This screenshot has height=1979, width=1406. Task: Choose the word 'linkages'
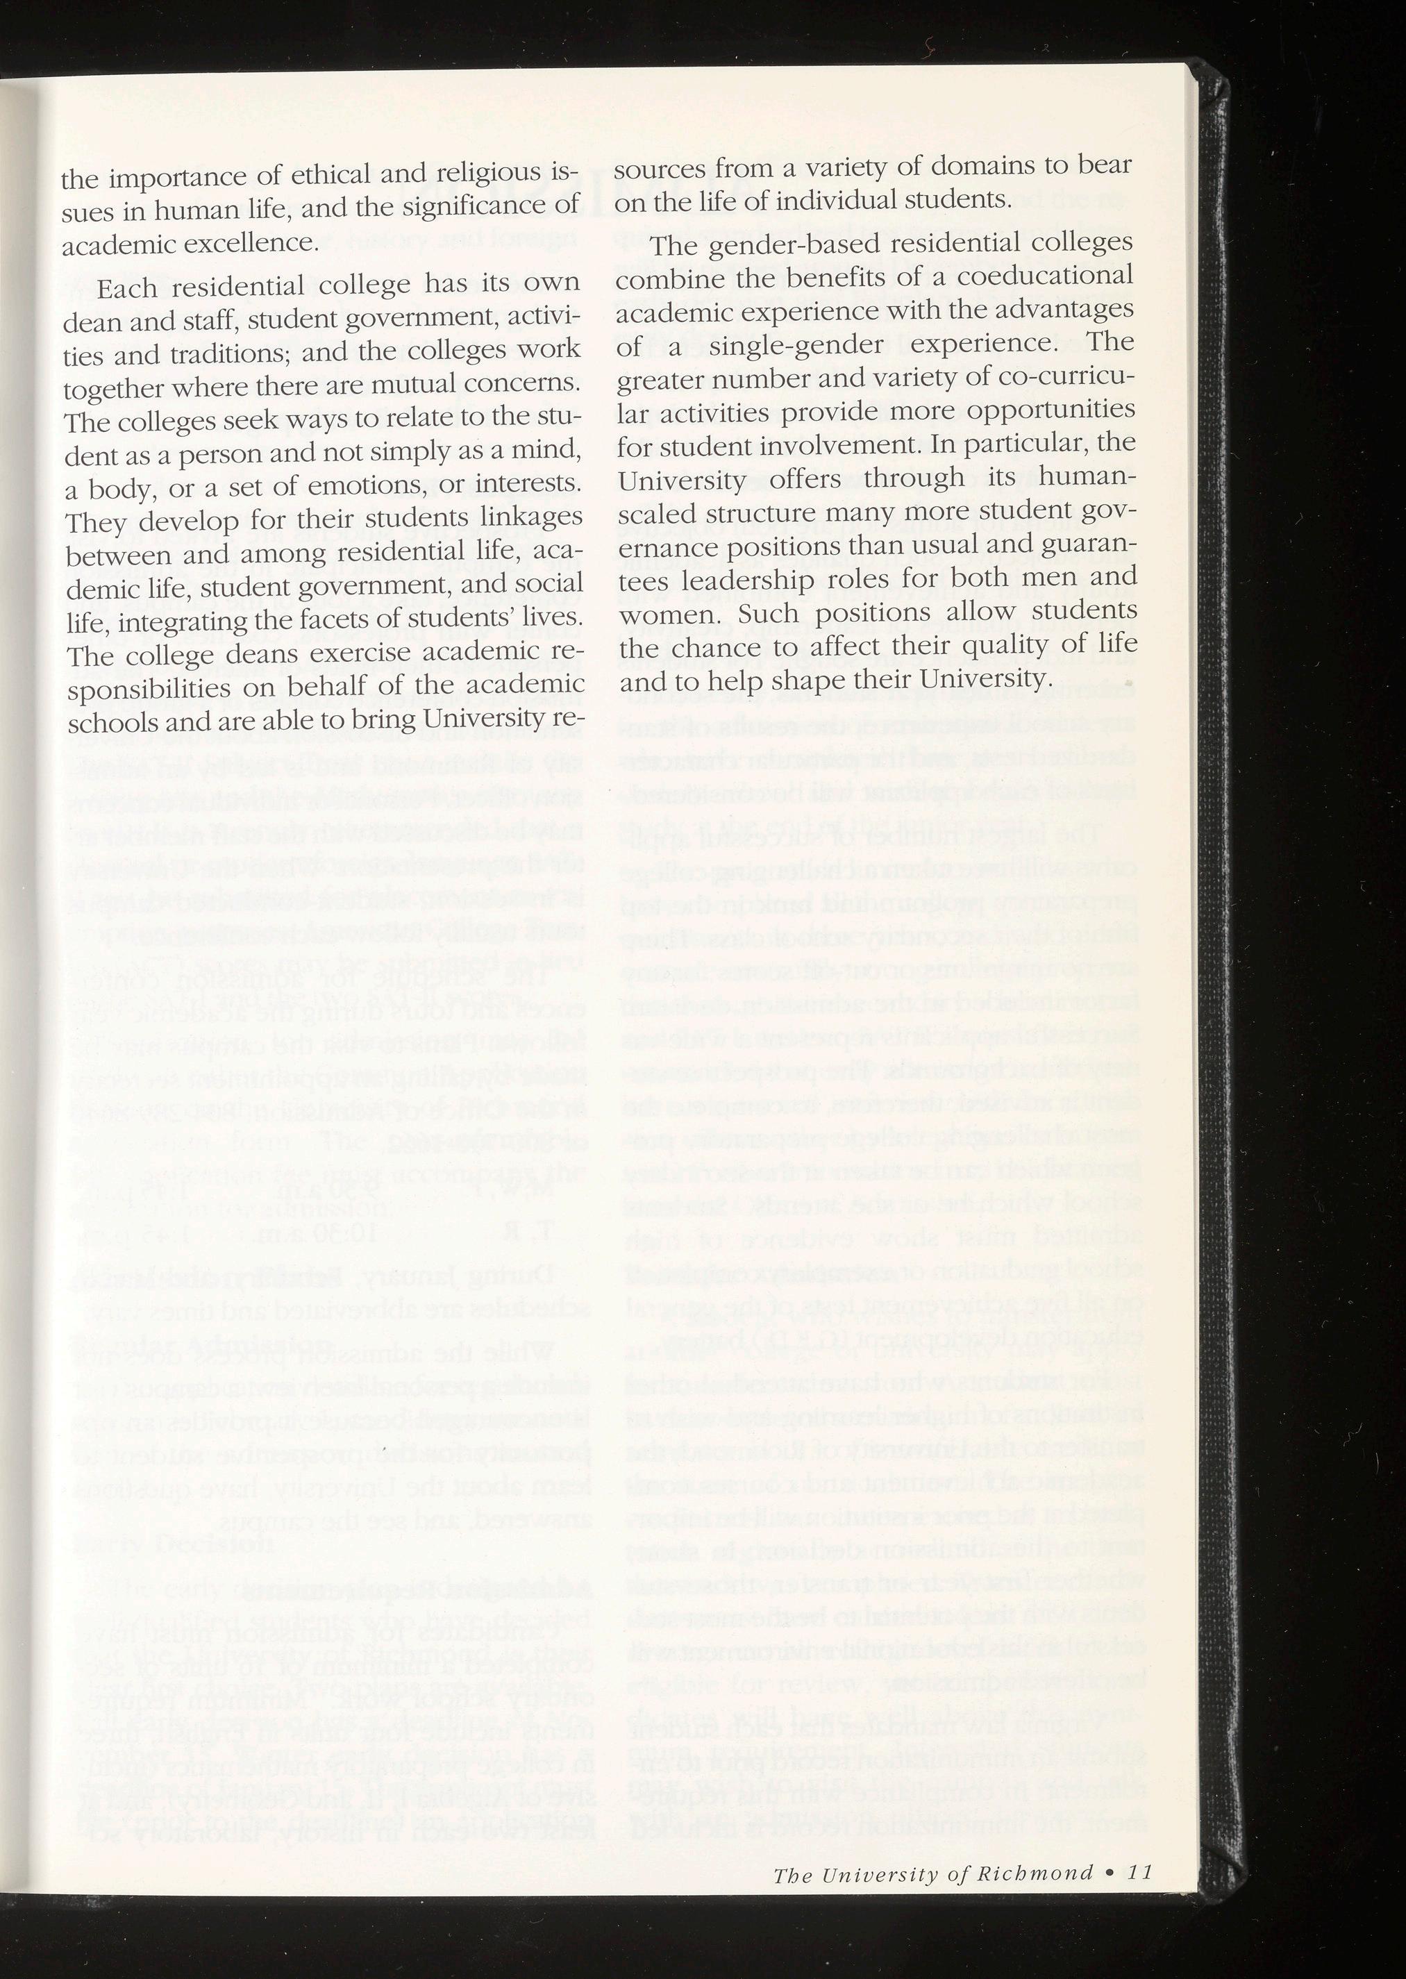pyautogui.click(x=530, y=516)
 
